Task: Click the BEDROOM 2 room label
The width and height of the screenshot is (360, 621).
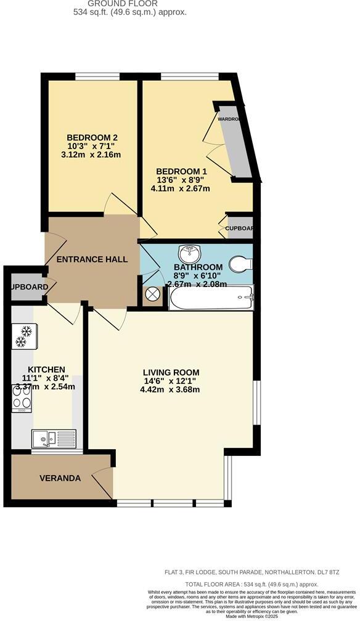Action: (x=92, y=137)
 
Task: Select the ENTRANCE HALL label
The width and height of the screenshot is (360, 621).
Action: (x=92, y=259)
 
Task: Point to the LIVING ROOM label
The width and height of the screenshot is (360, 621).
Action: (x=171, y=372)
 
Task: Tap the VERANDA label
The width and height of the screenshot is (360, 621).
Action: (x=60, y=478)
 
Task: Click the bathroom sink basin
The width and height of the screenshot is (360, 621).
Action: (x=189, y=254)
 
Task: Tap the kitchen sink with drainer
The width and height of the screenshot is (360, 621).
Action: (x=54, y=438)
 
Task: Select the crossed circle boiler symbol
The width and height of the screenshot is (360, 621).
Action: (x=152, y=294)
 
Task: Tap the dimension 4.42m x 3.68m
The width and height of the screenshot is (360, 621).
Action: (x=171, y=389)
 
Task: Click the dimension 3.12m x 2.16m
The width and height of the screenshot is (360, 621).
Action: (x=92, y=155)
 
